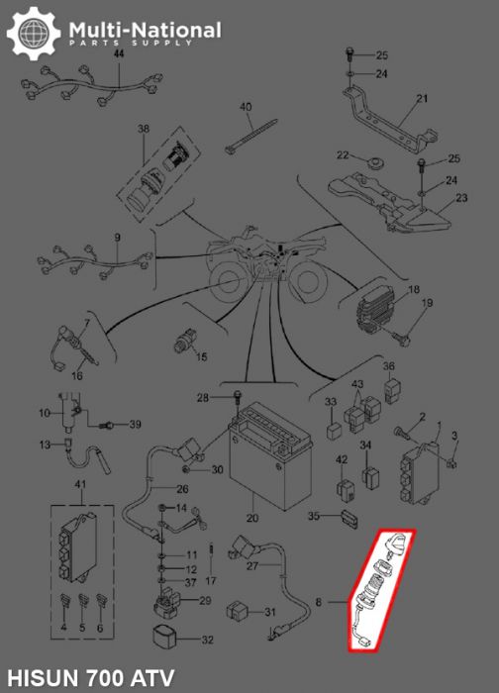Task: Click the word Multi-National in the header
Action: coord(145,31)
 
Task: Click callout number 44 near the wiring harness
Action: coord(118,54)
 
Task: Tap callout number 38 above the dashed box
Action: coord(143,131)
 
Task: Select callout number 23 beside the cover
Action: coord(460,198)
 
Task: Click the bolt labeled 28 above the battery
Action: coord(238,398)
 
